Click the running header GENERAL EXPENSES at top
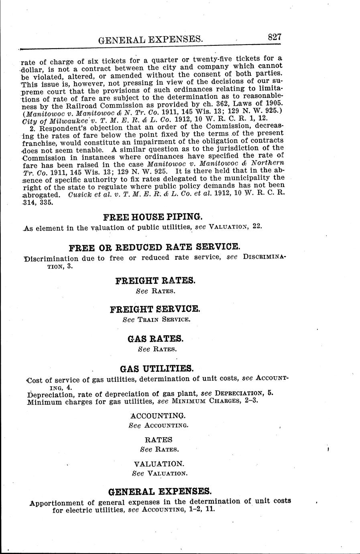[150, 39]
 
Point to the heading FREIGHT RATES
[155, 280]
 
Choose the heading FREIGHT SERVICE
[155, 309]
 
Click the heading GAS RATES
[156, 338]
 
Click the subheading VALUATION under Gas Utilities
[159, 464]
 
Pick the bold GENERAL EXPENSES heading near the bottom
[160, 491]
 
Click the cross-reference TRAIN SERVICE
[163, 320]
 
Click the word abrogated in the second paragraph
[42, 195]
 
